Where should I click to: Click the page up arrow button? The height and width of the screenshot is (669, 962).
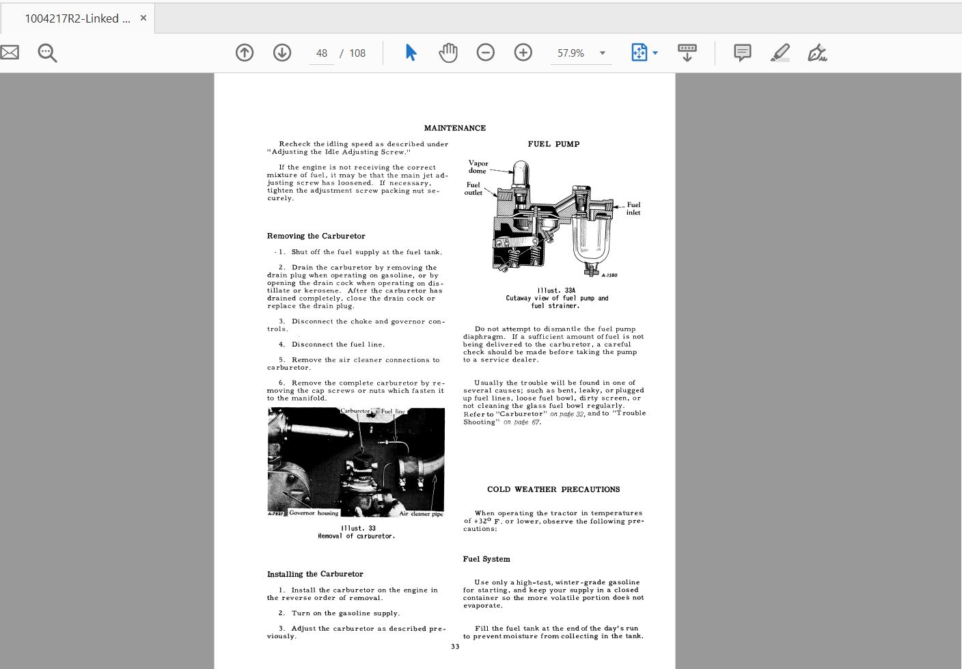[x=245, y=53]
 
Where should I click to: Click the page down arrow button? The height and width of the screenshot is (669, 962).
[x=282, y=53]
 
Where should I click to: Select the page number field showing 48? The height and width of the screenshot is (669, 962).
[x=322, y=53]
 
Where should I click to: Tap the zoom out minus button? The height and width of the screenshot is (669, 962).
[x=486, y=53]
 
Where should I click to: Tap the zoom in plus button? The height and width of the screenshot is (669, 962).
[x=523, y=53]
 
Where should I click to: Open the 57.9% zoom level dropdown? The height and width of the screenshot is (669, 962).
[x=602, y=53]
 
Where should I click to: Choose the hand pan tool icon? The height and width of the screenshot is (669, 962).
[x=448, y=53]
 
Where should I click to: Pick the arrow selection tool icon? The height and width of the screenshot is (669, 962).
[x=411, y=53]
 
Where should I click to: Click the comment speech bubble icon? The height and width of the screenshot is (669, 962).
[x=743, y=53]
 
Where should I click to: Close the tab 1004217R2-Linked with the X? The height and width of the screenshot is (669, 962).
[x=143, y=18]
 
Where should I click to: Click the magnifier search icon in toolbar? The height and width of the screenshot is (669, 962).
[x=47, y=53]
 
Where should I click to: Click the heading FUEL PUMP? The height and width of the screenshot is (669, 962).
[x=553, y=144]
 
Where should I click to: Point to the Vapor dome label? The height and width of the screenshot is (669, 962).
[x=478, y=167]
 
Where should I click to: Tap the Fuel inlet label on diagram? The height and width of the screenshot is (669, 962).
[x=633, y=208]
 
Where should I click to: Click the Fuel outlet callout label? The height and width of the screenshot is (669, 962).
[x=473, y=189]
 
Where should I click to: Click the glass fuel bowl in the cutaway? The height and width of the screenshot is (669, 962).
[x=591, y=239]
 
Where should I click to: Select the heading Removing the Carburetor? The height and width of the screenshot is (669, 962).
[x=316, y=236]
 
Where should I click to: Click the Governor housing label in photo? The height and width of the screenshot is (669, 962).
[x=314, y=513]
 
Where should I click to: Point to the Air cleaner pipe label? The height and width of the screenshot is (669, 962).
[x=421, y=514]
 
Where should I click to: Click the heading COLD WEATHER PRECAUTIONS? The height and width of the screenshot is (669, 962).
[x=553, y=489]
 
